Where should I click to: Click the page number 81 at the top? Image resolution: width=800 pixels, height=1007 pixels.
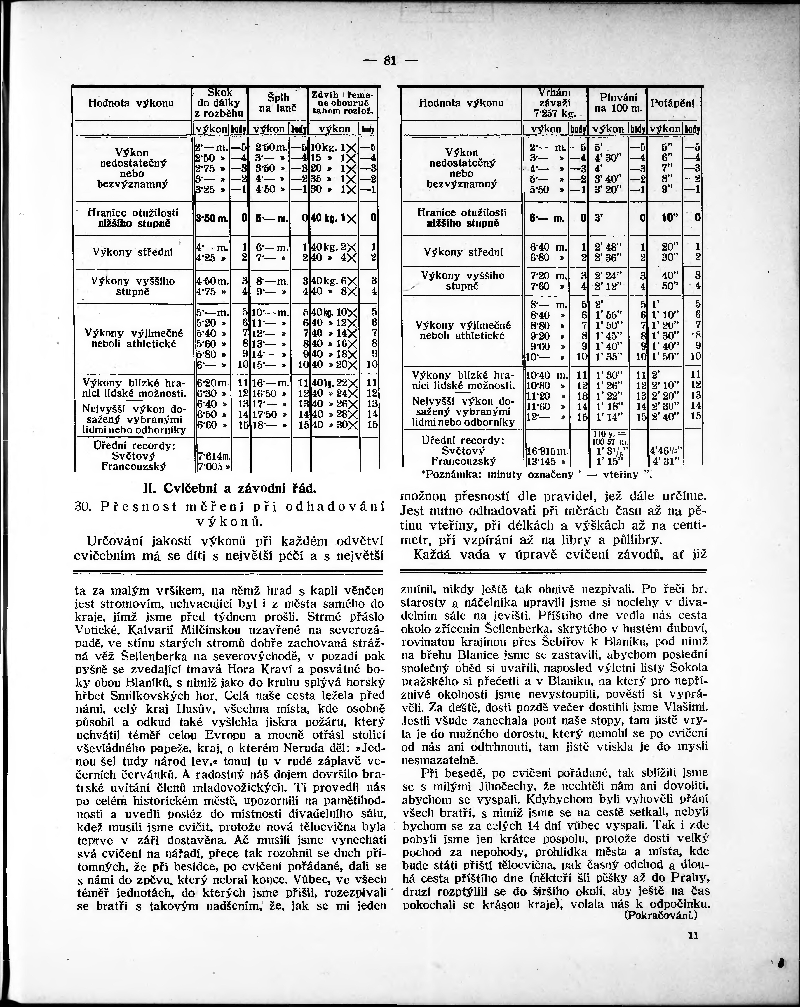[389, 61]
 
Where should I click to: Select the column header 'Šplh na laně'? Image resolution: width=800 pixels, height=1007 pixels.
[278, 103]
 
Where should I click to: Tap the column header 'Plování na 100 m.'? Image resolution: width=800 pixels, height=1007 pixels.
[618, 103]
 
